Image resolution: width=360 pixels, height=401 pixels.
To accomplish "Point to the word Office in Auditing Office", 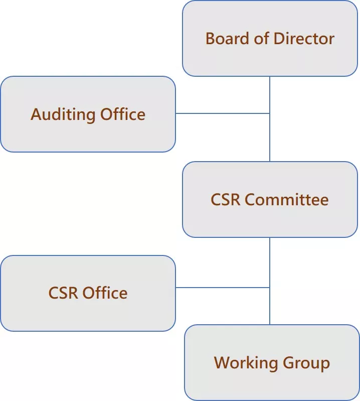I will (x=123, y=114).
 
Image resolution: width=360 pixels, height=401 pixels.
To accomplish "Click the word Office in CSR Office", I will (x=105, y=293).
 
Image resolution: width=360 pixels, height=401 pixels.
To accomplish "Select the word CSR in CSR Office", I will (x=64, y=293).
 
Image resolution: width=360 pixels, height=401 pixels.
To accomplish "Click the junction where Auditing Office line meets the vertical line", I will (x=270, y=113).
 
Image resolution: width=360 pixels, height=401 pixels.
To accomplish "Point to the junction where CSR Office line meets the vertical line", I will (x=270, y=288).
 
